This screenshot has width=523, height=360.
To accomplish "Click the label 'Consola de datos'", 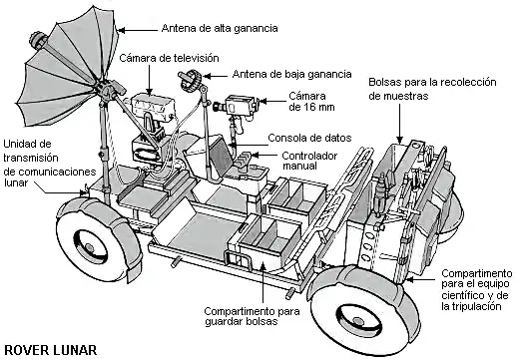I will pos(307,137).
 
